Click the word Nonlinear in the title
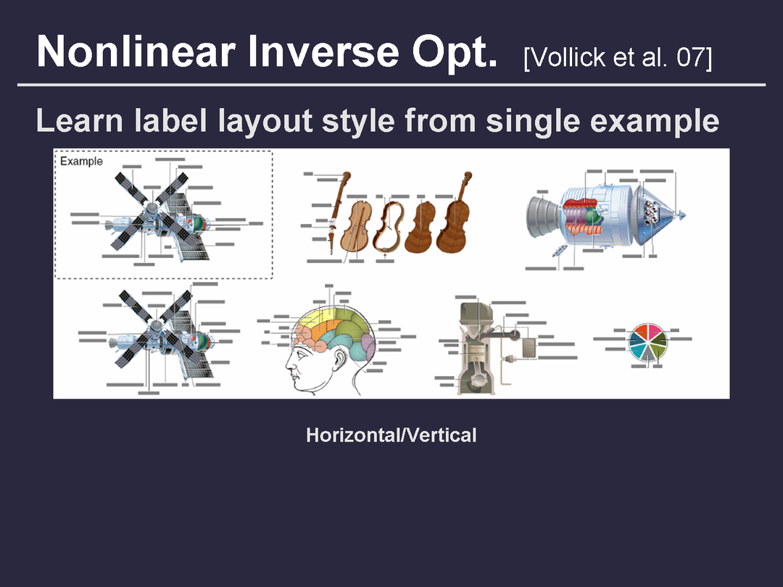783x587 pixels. pos(136,51)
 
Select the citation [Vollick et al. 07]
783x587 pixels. pos(618,57)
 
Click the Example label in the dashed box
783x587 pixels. pos(81,161)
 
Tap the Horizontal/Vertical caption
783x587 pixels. pos(391,436)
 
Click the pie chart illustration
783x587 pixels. pos(647,342)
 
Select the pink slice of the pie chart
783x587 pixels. pos(654,330)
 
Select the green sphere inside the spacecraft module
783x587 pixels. pos(593,216)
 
